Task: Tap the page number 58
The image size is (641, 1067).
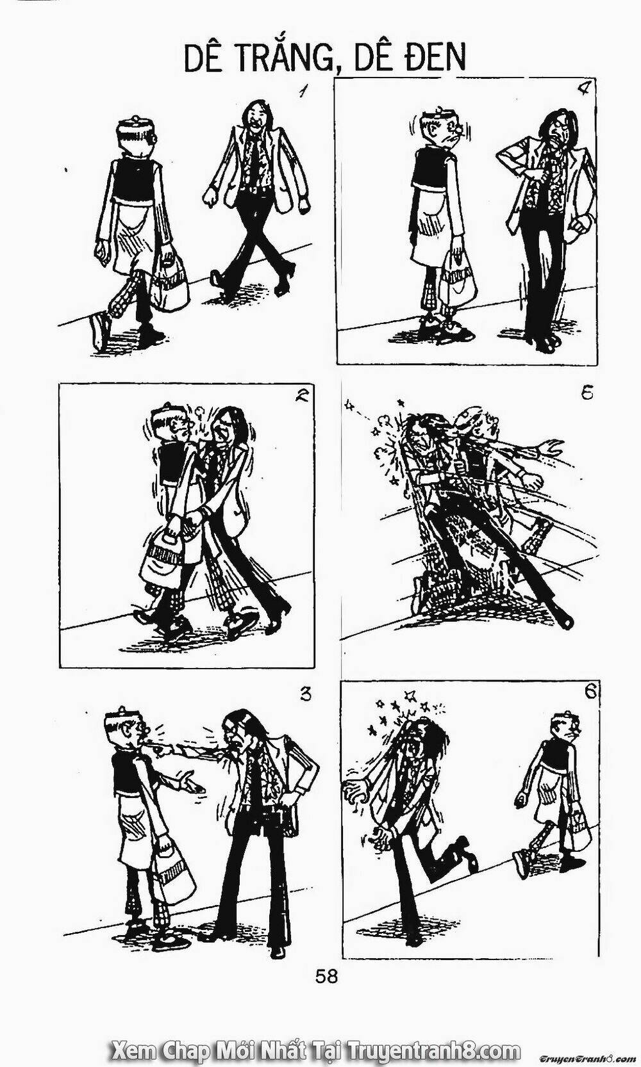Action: (326, 976)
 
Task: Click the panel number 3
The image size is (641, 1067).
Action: (306, 694)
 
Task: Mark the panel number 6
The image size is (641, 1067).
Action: (590, 692)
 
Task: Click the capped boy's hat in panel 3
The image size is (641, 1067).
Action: (121, 719)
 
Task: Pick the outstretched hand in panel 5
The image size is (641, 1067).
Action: (549, 446)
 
